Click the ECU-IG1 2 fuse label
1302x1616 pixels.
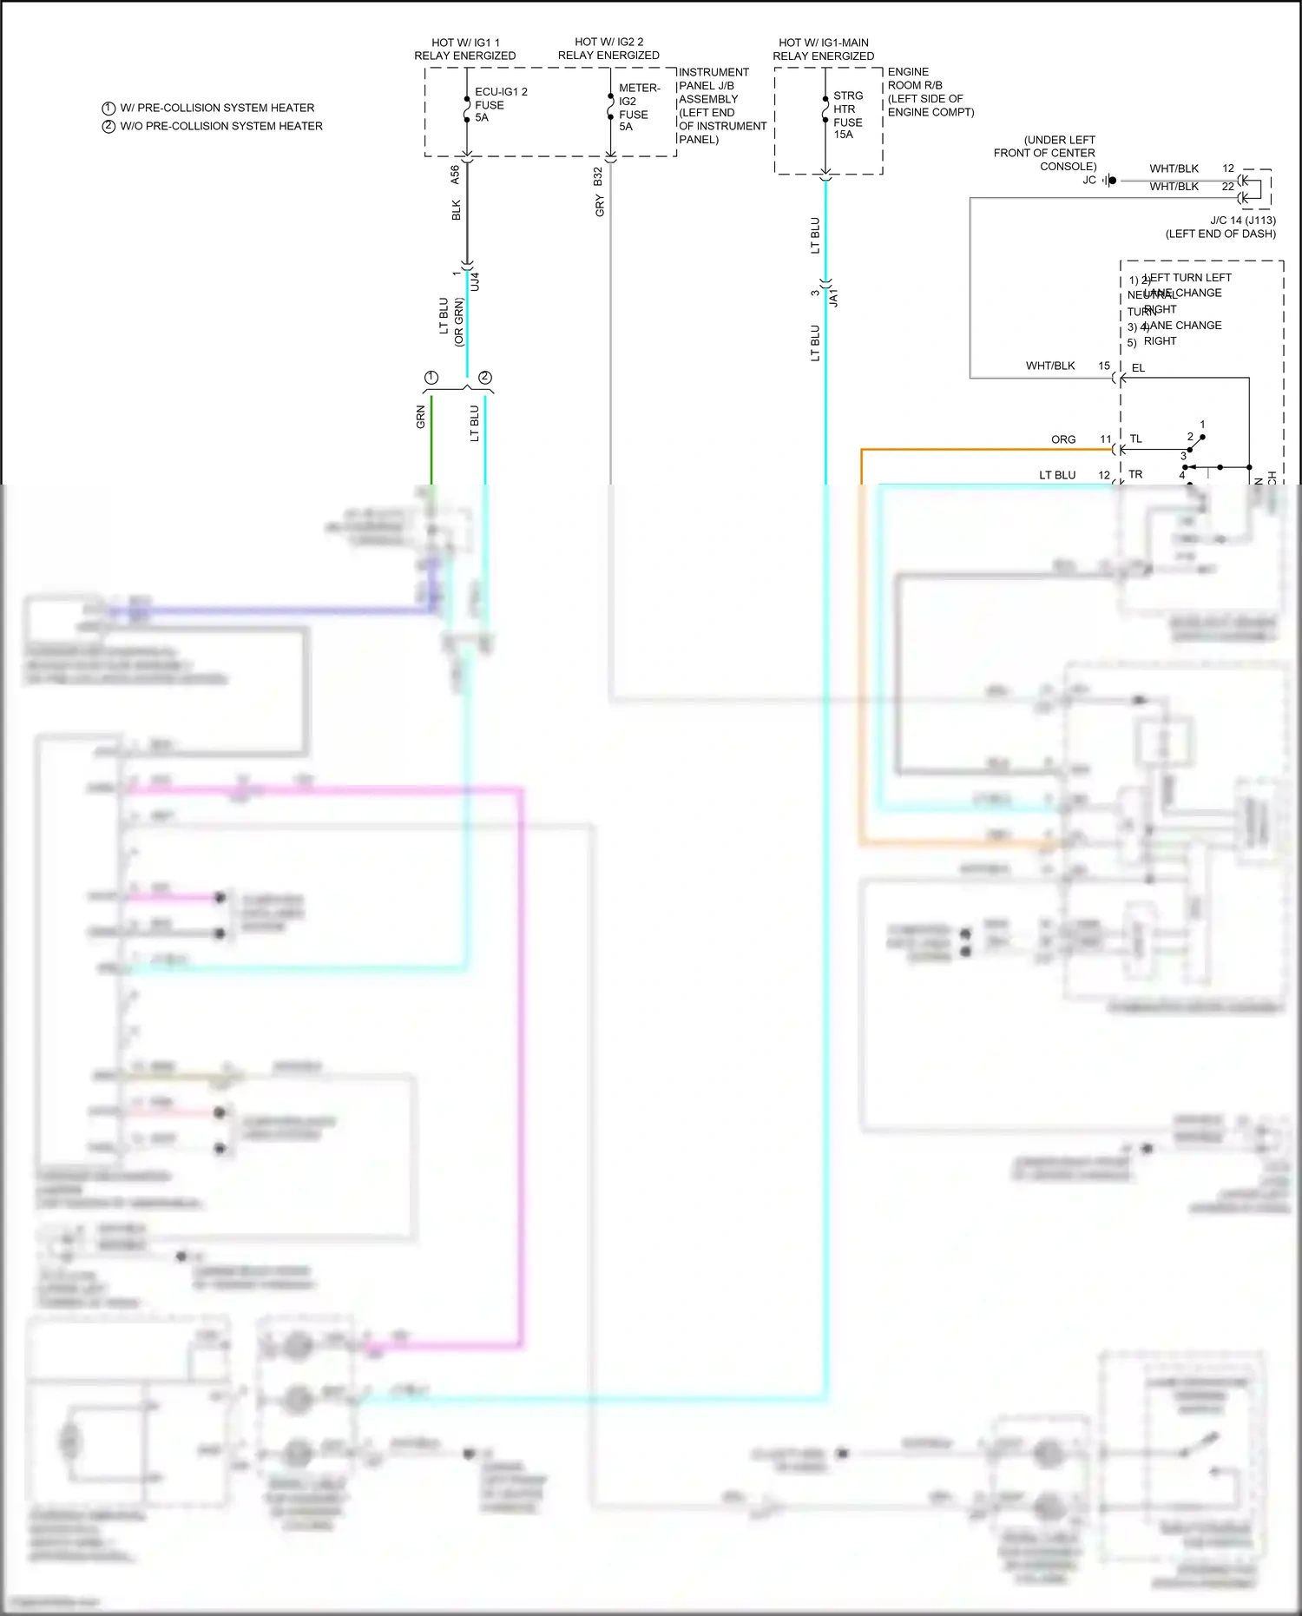[x=500, y=104]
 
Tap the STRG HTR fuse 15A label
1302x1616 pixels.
[x=847, y=115]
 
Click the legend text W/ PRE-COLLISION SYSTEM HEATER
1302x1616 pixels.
[x=217, y=108]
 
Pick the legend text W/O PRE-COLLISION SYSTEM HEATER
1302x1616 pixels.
[x=220, y=126]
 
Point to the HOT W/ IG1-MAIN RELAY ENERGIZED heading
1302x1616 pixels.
[x=823, y=49]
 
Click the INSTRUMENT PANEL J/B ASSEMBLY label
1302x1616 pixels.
[x=721, y=105]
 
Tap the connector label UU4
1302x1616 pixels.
[x=475, y=281]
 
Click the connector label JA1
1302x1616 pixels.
[x=834, y=298]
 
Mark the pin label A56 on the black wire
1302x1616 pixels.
[x=455, y=175]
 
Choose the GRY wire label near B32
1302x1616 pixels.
[x=600, y=206]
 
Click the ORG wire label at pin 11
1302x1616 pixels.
[x=1063, y=439]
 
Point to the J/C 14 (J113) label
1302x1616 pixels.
[x=1242, y=221]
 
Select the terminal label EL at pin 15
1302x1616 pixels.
[x=1138, y=368]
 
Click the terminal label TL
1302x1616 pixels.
[x=1135, y=439]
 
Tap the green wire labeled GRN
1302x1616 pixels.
[x=431, y=439]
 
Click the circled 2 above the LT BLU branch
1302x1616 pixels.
[x=485, y=377]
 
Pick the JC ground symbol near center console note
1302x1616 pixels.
[x=1109, y=181]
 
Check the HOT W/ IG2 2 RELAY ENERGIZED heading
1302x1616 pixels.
[x=608, y=48]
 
